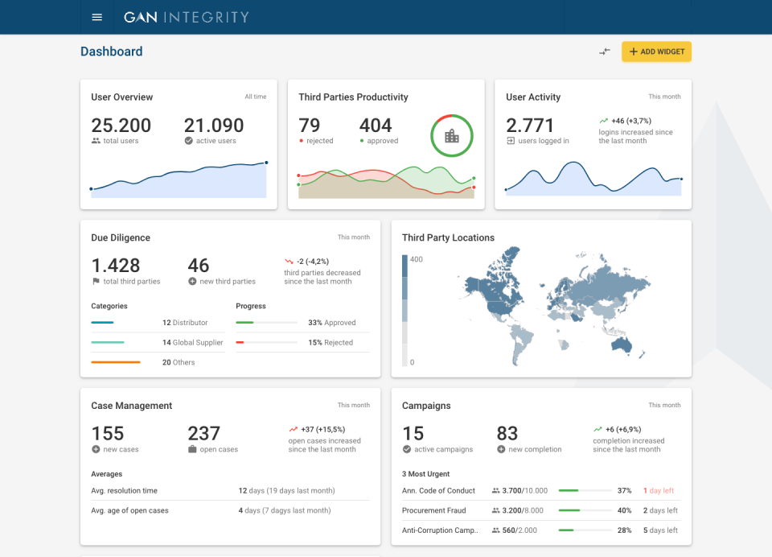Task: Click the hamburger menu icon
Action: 97,17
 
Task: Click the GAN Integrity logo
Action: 186,17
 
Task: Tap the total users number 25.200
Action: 121,126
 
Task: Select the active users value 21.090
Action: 214,126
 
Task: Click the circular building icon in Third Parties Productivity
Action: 452,136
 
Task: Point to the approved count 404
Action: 376,126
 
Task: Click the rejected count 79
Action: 310,126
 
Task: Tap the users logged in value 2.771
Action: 530,126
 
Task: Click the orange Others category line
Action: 116,362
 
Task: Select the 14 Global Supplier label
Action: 192,343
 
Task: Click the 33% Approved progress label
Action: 331,323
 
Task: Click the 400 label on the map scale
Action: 417,259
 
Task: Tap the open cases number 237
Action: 204,434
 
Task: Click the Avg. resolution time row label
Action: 125,491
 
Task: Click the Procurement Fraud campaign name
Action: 433,510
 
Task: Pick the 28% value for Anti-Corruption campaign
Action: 624,530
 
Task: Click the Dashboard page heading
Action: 112,52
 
